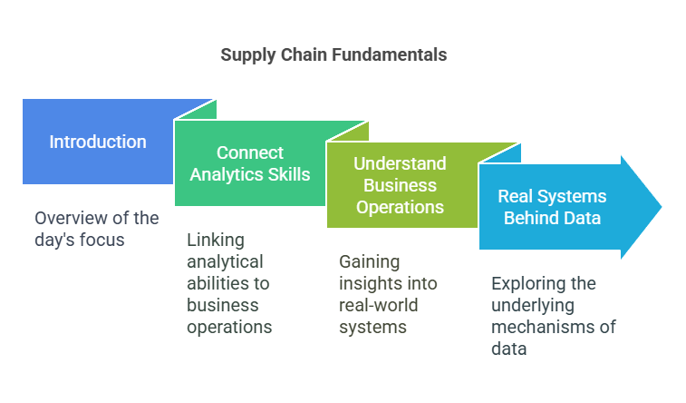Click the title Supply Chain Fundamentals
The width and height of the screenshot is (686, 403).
tap(333, 55)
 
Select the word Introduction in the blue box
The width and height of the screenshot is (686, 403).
tap(98, 142)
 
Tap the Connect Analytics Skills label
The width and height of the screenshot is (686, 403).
tap(250, 163)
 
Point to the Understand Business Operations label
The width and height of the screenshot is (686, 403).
tap(400, 185)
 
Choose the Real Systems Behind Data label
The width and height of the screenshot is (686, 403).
tap(552, 207)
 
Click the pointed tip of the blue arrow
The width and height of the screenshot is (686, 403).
tap(662, 207)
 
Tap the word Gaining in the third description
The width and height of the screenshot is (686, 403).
tap(369, 262)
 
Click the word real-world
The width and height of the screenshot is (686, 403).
tap(379, 305)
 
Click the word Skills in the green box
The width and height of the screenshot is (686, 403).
tap(289, 174)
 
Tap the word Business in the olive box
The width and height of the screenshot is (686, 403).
tap(400, 185)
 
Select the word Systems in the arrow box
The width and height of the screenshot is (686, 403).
tap(572, 196)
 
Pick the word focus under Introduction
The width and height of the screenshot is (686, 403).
tap(105, 240)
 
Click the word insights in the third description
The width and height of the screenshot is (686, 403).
tap(367, 284)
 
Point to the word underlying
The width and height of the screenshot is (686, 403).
tap(533, 306)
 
